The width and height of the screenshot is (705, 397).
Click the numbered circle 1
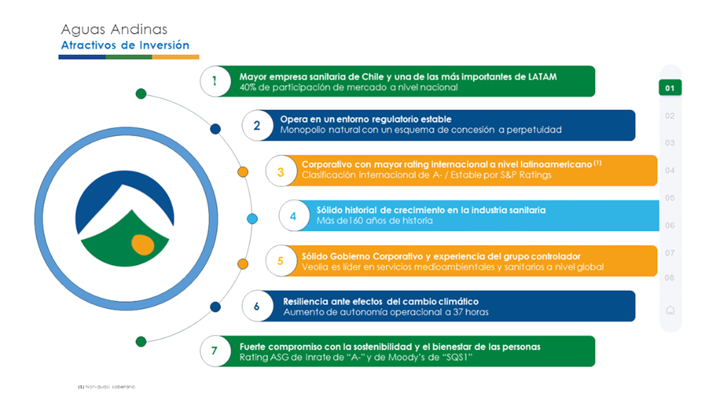pyautogui.click(x=214, y=81)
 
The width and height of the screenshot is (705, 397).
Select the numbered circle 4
pyautogui.click(x=293, y=216)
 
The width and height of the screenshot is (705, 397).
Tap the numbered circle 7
pyautogui.click(x=214, y=350)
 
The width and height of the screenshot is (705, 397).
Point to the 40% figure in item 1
pyautogui.click(x=249, y=87)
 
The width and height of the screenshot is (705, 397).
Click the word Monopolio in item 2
pyautogui.click(x=305, y=130)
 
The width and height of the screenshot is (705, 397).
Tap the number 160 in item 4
pyautogui.click(x=345, y=221)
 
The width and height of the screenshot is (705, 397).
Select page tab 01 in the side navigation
pyautogui.click(x=670, y=88)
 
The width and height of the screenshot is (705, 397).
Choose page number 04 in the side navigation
pyautogui.click(x=670, y=171)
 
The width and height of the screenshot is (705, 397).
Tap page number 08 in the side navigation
pyautogui.click(x=670, y=278)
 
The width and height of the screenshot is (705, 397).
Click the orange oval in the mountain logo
pyautogui.click(x=142, y=245)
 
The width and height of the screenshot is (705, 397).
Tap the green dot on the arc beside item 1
pyautogui.click(x=141, y=93)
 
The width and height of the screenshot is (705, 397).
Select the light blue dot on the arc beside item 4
pyautogui.click(x=252, y=217)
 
